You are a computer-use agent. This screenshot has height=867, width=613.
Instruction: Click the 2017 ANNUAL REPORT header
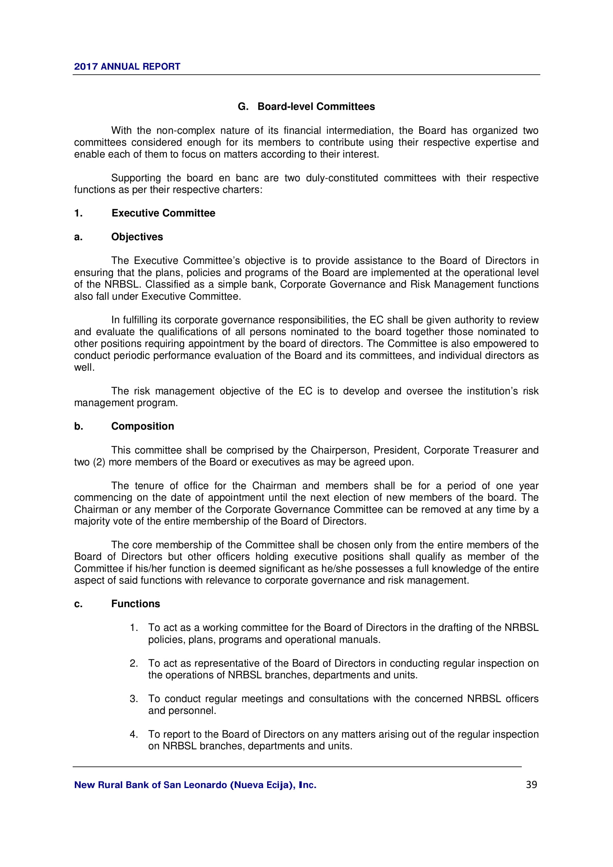click(x=127, y=67)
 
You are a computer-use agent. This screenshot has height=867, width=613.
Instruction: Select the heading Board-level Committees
click(x=316, y=107)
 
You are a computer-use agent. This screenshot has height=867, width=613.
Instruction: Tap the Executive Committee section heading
click(x=163, y=214)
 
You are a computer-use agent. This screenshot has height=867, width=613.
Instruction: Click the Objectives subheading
click(x=137, y=237)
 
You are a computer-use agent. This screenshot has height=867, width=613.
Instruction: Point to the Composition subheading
click(x=142, y=426)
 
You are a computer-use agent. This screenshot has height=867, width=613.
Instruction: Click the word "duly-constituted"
click(x=342, y=178)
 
